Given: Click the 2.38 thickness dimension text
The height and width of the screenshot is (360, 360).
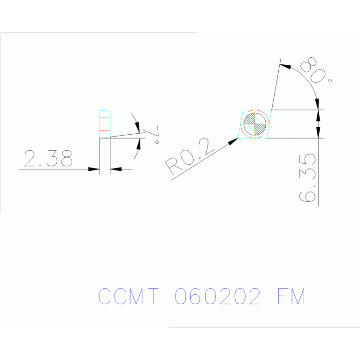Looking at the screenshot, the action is (48, 159).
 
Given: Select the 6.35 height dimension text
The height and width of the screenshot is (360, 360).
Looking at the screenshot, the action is (307, 177).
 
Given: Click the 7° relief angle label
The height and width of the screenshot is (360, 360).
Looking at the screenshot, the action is (155, 134).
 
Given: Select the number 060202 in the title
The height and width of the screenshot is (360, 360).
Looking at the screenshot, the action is (218, 297).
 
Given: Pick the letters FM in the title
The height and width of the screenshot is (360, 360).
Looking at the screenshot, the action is (291, 297).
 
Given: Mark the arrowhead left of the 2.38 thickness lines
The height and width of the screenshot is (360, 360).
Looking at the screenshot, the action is (94, 169).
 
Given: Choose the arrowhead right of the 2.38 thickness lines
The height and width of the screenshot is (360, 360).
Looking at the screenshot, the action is (115, 169).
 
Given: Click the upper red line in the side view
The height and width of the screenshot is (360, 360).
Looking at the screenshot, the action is (105, 118).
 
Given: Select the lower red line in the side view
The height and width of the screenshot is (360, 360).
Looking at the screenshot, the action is (105, 130).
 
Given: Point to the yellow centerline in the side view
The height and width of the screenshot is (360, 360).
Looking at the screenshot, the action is (105, 124).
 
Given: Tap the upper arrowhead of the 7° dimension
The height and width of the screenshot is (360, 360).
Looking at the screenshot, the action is (138, 127).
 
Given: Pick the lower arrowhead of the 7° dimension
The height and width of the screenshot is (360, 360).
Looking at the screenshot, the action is (139, 142).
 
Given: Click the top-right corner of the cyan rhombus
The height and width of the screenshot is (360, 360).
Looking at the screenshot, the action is (271, 110).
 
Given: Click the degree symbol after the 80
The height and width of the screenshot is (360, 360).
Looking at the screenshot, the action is (330, 80).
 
